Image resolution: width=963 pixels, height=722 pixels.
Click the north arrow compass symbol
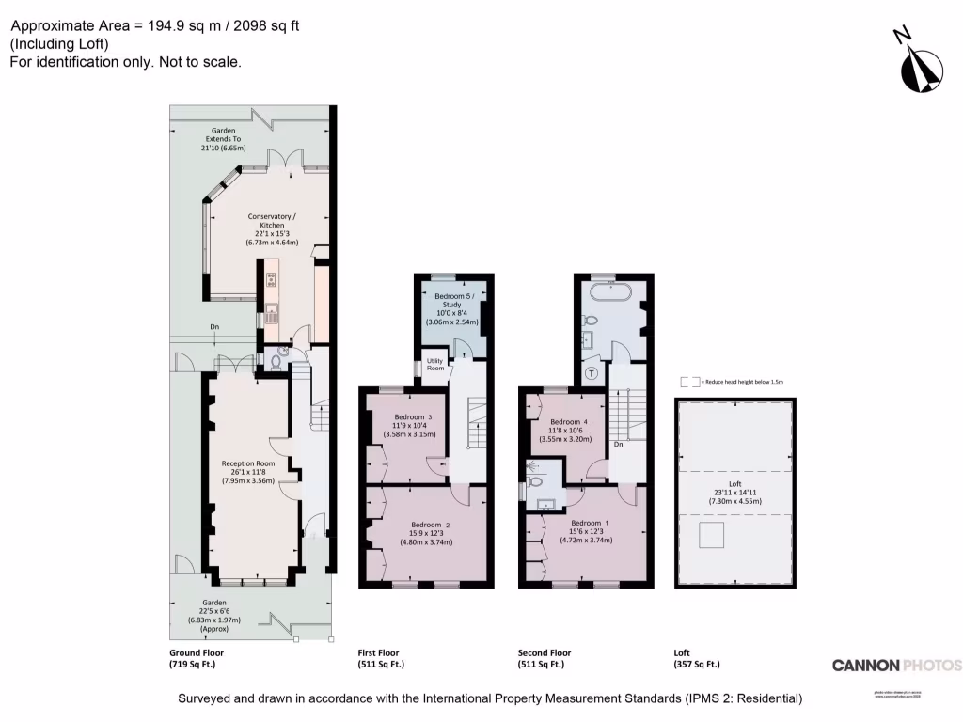[x=920, y=62]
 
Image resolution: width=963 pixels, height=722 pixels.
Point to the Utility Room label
[x=434, y=365]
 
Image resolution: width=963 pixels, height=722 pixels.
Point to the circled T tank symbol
[x=591, y=372]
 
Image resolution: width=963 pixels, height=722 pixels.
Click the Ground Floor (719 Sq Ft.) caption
[x=197, y=658]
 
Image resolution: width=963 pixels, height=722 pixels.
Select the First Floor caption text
[x=381, y=658]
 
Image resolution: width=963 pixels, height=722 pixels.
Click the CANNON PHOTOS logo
[x=896, y=665]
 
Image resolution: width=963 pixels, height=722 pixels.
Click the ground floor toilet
[x=276, y=359]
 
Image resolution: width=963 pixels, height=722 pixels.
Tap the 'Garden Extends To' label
[x=223, y=139]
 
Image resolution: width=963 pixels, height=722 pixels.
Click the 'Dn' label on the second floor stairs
[x=618, y=444]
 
